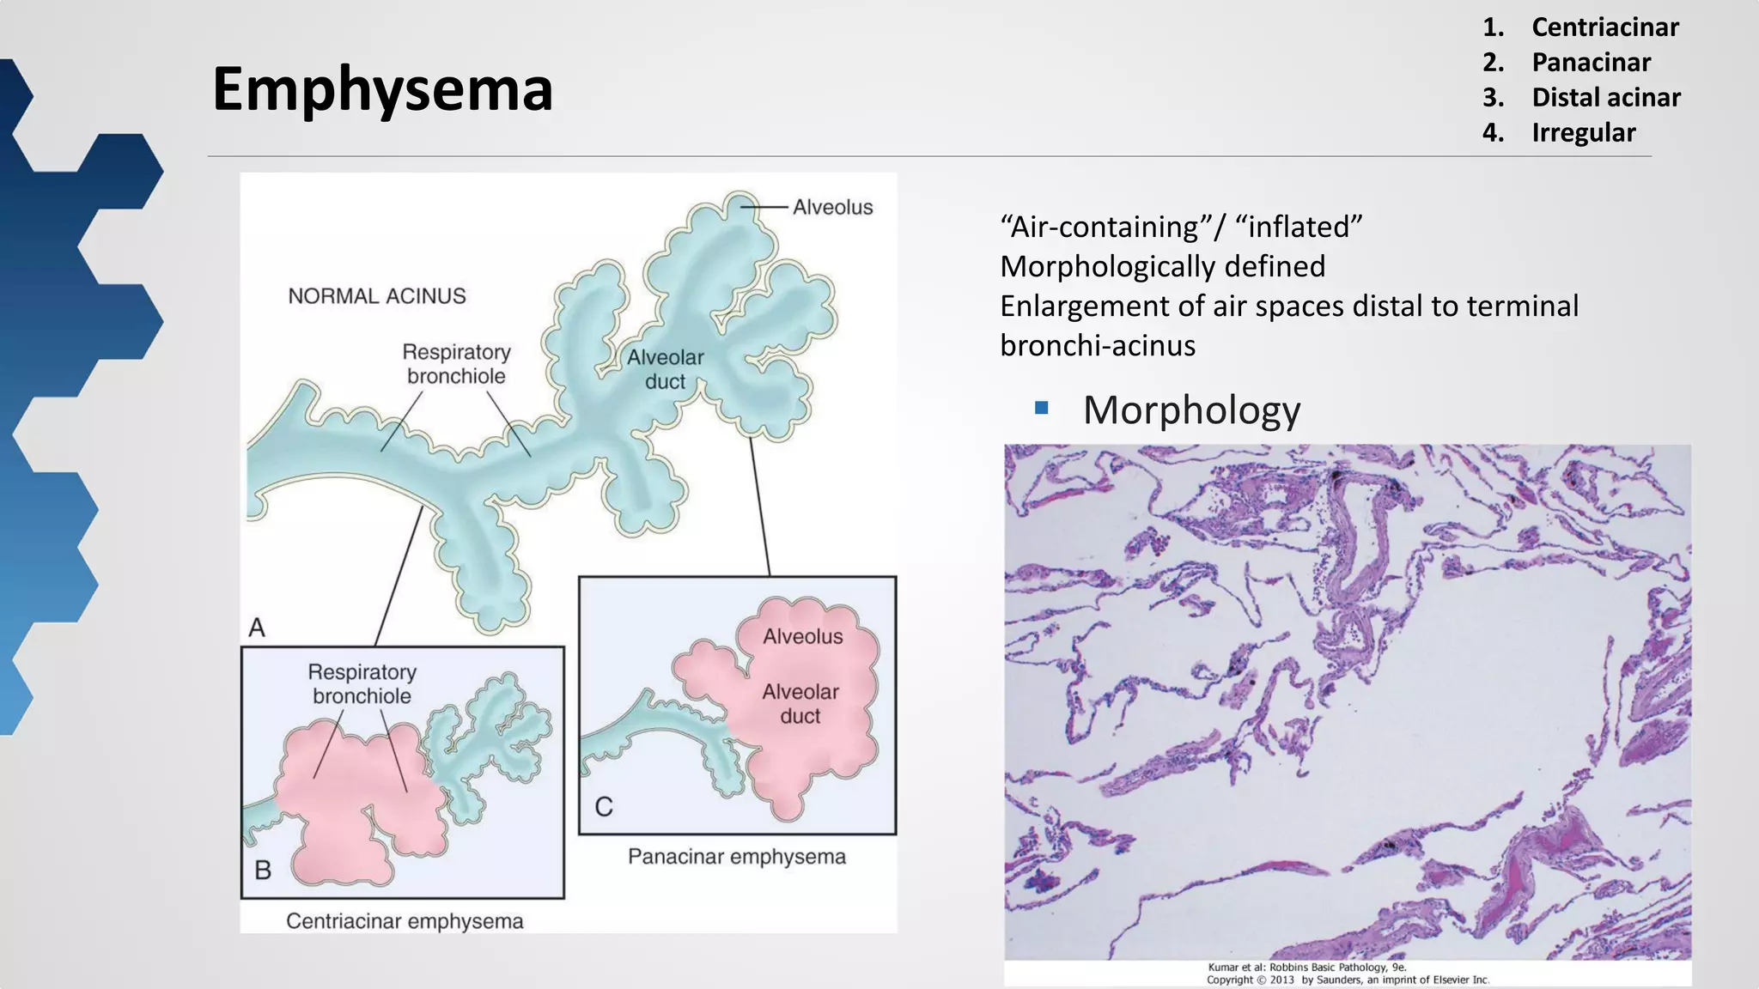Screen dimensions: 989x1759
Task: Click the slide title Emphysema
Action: click(x=382, y=89)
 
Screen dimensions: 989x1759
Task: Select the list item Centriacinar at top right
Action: click(x=1604, y=27)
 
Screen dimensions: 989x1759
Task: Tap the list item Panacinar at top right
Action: click(x=1591, y=63)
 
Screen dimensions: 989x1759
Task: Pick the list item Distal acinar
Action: click(x=1605, y=98)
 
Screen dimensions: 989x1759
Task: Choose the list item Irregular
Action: click(x=1583, y=133)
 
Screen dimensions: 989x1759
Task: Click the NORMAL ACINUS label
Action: click(x=376, y=296)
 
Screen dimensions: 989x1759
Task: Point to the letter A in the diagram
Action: click(x=257, y=628)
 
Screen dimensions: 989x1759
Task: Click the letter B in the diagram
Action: click(x=263, y=871)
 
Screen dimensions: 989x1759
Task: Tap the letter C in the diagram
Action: click(x=604, y=807)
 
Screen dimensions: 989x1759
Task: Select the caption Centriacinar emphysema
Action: click(x=405, y=921)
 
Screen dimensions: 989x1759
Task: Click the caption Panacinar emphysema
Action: click(x=736, y=857)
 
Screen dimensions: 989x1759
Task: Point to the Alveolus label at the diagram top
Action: click(x=832, y=207)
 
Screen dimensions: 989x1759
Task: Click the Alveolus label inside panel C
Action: click(x=802, y=636)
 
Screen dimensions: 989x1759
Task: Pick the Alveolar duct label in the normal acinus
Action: click(x=665, y=369)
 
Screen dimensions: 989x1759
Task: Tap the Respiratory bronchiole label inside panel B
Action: click(x=362, y=684)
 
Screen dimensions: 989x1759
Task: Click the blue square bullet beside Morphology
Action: click(x=1042, y=409)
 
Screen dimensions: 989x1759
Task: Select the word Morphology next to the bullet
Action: click(x=1191, y=410)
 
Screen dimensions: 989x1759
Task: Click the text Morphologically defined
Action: click(x=1162, y=267)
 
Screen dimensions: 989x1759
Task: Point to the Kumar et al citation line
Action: click(x=1307, y=968)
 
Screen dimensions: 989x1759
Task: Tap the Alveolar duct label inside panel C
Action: click(x=800, y=704)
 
